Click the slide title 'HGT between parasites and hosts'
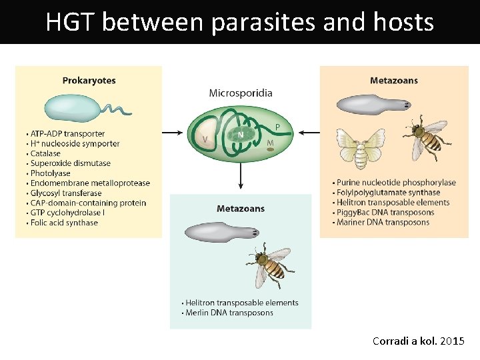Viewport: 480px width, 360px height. click(x=239, y=23)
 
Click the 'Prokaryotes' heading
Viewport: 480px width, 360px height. click(x=89, y=81)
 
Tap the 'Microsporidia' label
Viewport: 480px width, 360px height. click(x=241, y=93)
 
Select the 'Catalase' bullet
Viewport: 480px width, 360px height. click(x=47, y=153)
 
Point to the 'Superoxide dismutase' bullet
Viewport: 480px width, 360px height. click(x=70, y=163)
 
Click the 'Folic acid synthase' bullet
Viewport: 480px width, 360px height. click(x=64, y=223)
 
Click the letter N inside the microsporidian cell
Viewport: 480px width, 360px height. click(x=240, y=134)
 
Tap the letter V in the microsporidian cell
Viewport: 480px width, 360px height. click(x=205, y=139)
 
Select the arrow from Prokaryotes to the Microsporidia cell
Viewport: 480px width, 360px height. click(x=172, y=133)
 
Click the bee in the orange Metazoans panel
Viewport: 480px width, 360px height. click(x=426, y=136)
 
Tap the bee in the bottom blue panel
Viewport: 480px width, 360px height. click(x=269, y=265)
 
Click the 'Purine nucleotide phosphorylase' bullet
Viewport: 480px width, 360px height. click(x=396, y=183)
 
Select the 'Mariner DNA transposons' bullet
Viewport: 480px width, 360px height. click(x=383, y=223)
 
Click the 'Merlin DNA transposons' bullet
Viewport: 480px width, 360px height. click(x=229, y=313)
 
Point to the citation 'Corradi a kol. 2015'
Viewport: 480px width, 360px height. click(x=418, y=341)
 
